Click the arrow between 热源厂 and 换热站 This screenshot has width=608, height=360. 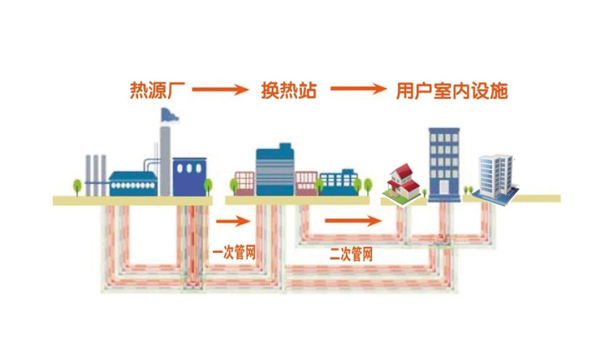[x=223, y=90]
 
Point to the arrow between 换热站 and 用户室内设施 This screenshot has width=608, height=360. [x=358, y=90]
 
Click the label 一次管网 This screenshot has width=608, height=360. [x=234, y=253]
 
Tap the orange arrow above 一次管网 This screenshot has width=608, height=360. [x=233, y=221]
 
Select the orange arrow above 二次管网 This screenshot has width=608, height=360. [x=353, y=221]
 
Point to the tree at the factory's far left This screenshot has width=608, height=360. [x=77, y=186]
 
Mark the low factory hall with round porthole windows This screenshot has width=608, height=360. [x=133, y=184]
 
